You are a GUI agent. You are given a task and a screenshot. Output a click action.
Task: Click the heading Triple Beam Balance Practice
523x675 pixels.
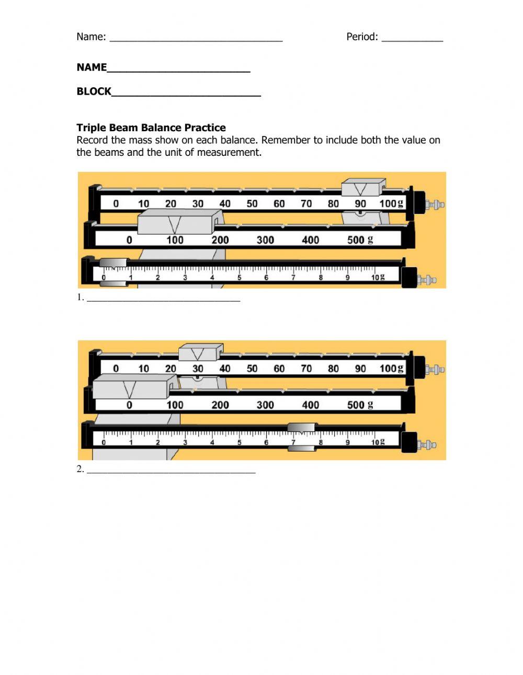click(151, 128)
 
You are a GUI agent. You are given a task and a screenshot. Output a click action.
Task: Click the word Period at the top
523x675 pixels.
click(362, 37)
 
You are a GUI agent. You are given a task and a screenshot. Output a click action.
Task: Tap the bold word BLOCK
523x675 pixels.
click(94, 91)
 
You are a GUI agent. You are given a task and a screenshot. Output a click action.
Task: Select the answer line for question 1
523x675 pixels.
click(163, 300)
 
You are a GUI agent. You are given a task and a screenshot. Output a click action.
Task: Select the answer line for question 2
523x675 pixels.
click(171, 471)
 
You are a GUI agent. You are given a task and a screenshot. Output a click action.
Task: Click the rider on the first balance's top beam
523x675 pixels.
click(363, 188)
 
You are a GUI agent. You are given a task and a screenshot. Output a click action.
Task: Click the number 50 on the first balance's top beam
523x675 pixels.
click(252, 204)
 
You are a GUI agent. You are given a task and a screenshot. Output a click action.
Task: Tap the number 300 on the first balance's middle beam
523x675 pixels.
click(265, 240)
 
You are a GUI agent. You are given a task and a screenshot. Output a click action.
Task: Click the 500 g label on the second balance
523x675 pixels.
click(360, 405)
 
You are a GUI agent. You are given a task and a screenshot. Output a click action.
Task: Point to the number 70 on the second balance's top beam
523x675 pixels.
click(306, 369)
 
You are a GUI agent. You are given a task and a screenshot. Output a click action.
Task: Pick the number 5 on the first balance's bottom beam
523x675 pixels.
click(240, 278)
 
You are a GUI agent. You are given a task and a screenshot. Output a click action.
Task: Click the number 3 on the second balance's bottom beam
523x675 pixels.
click(185, 442)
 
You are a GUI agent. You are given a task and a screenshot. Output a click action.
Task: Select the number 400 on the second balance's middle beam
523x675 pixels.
click(310, 405)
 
